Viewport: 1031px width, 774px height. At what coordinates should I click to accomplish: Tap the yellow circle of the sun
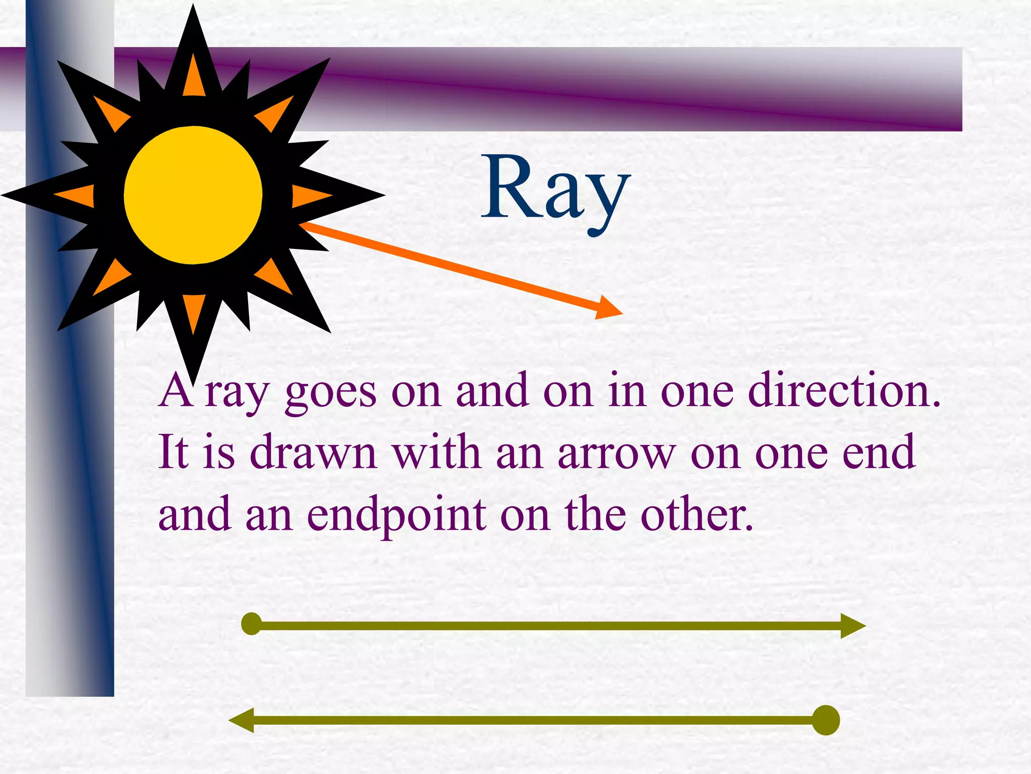click(193, 195)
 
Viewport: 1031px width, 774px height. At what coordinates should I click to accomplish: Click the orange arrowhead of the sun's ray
click(608, 308)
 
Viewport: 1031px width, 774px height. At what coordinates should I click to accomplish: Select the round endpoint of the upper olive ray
click(251, 624)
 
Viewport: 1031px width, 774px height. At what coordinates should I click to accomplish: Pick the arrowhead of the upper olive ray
click(852, 626)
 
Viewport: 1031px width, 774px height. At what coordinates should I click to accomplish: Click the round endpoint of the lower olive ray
click(826, 720)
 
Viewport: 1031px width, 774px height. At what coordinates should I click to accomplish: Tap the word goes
click(330, 394)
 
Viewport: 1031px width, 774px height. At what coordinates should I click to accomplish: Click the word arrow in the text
click(617, 453)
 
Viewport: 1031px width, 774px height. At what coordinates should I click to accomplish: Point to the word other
click(696, 515)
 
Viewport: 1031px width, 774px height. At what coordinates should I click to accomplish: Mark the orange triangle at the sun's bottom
click(194, 311)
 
